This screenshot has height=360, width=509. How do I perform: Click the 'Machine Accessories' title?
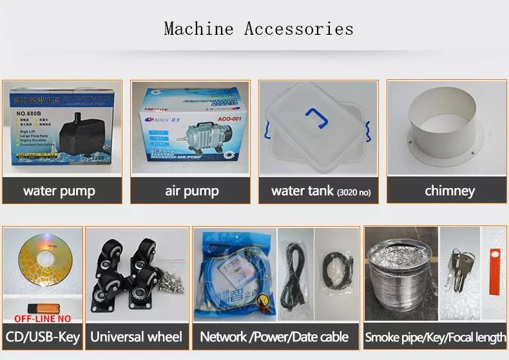point(258,29)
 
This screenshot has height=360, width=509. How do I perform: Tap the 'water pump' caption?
point(59,191)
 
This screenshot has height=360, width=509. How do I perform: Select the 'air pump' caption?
point(191,191)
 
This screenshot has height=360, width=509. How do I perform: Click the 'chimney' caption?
point(449,191)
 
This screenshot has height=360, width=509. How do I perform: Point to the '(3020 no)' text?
point(354,192)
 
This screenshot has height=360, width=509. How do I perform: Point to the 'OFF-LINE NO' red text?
point(43,317)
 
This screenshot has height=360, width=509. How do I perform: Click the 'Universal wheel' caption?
point(136,337)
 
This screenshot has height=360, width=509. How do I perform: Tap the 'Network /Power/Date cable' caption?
point(274,337)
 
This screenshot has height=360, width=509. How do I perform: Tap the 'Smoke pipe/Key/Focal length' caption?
point(435,337)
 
